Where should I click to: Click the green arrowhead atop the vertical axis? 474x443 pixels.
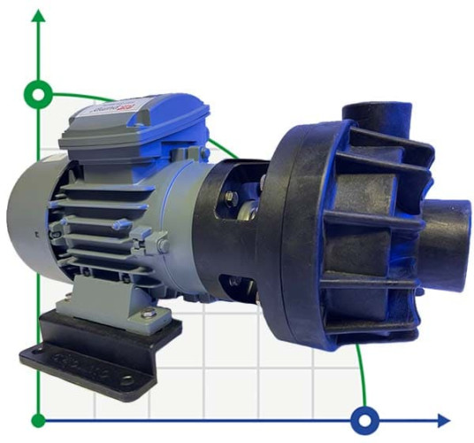38,16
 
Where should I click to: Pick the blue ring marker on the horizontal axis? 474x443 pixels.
363,418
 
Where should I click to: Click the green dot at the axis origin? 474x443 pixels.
38,419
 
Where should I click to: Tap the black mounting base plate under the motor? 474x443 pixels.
97,359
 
